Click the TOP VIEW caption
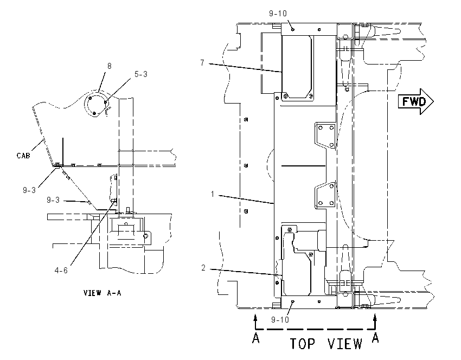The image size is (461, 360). pos(326,344)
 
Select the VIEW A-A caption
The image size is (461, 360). pos(103,293)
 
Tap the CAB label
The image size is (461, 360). pos(23,156)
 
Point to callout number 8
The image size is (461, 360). pos(110,66)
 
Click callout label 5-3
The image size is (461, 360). pos(141,74)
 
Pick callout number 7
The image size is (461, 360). pos(202,63)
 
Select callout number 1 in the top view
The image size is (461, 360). pos(213,194)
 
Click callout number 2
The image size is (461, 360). pos(203,268)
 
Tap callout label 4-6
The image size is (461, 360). pos(61,271)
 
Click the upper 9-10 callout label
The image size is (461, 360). pos(278,14)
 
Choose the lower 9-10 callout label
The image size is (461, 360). pos(280,320)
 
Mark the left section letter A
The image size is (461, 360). pos(256,338)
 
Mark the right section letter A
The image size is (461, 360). pos(375,338)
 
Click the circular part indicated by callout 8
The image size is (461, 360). pos(96,103)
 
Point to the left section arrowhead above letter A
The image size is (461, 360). pos(255,317)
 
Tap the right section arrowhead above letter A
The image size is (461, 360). pos(375,317)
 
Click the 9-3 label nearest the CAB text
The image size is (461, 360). pos(29,190)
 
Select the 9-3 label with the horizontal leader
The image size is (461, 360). pos(53,200)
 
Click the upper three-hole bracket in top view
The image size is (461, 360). pos(325,136)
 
